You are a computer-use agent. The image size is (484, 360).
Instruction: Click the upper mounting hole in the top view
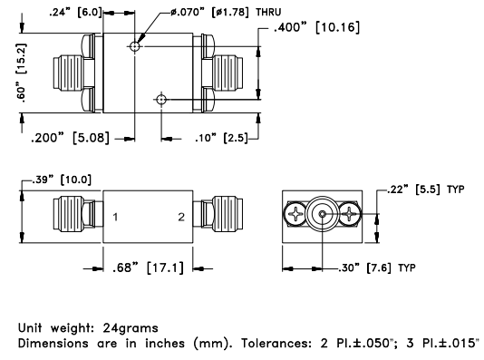134,46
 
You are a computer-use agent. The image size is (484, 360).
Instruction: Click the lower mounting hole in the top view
161,100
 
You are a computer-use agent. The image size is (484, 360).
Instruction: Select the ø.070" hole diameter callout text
188,13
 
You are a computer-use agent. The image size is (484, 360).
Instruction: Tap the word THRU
268,13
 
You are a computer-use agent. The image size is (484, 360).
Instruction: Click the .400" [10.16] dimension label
316,27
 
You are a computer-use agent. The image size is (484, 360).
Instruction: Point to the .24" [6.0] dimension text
75,13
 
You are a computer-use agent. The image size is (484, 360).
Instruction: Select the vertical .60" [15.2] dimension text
21,72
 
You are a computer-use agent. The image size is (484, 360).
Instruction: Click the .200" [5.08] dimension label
71,138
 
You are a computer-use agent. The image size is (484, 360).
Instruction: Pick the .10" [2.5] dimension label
221,138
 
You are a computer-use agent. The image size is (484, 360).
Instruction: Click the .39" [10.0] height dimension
62,180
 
